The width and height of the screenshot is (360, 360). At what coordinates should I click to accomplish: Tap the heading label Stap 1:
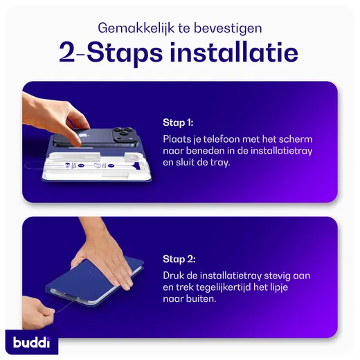click(x=178, y=123)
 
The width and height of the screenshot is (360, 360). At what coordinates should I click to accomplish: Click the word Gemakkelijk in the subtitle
click(x=127, y=28)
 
